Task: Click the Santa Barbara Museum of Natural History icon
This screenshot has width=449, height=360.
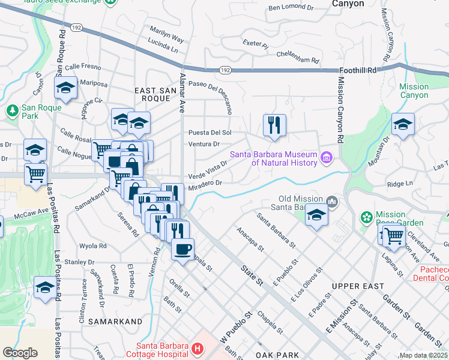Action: click(327, 157)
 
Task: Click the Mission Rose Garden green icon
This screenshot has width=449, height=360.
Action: click(366, 217)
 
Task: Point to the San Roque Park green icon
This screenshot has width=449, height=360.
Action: click(12, 110)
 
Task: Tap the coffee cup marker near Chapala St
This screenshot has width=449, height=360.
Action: click(182, 248)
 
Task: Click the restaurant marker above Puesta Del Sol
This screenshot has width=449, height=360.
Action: click(274, 125)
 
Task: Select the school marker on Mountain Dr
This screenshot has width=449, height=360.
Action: click(403, 125)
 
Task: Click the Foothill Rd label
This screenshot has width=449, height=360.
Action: click(357, 70)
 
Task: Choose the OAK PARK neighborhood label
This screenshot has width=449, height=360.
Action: click(277, 355)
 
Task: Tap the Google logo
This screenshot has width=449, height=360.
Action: click(20, 352)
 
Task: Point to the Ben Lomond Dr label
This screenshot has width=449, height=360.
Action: click(291, 8)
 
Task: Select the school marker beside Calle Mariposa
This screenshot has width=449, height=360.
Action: click(65, 88)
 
